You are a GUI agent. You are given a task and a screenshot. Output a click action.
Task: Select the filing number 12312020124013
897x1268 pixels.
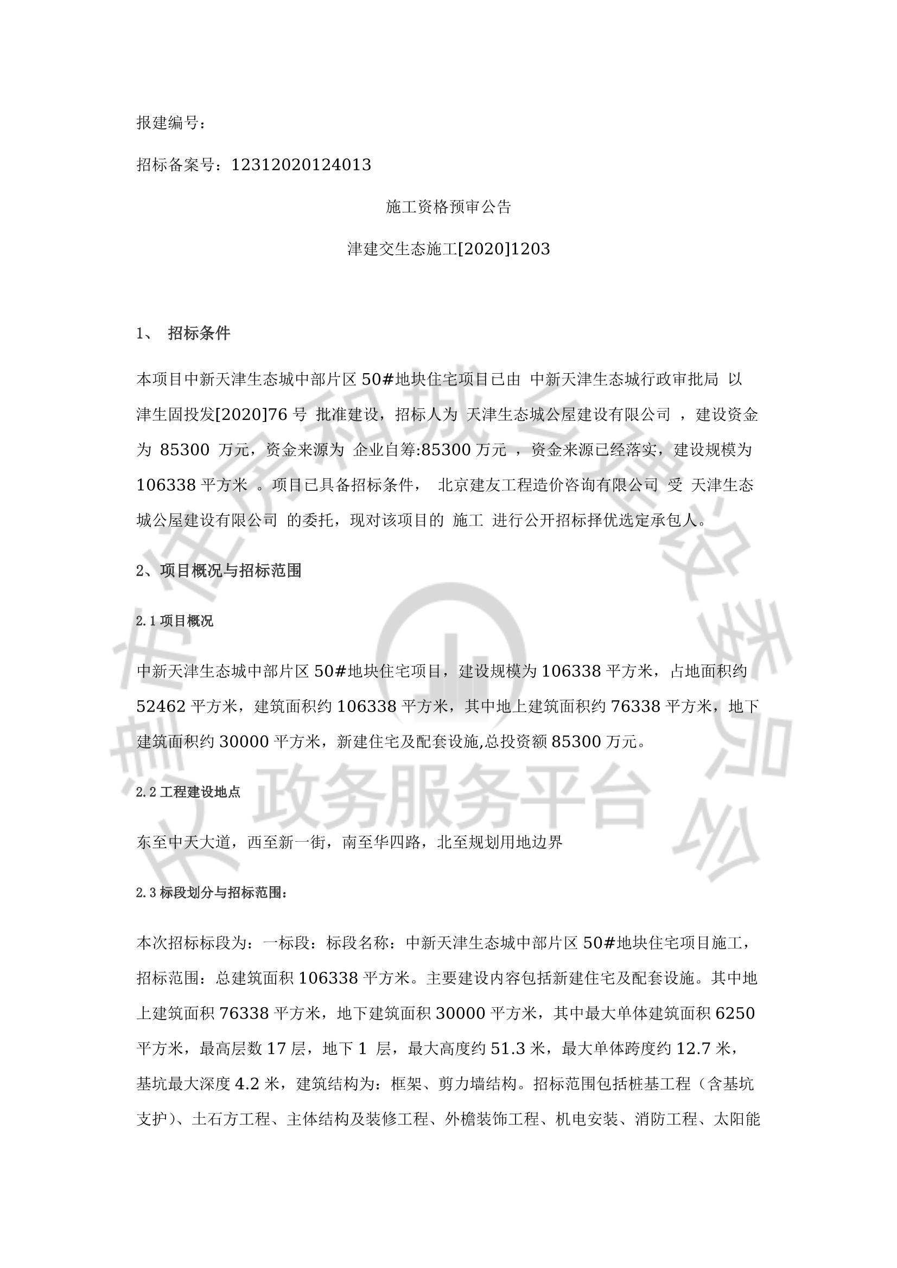301,164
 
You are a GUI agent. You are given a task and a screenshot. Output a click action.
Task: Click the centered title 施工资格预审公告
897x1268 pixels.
448,207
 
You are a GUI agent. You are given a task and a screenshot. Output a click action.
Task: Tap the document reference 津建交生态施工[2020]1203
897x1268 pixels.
448,249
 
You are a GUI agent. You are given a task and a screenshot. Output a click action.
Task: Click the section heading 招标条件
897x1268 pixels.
199,333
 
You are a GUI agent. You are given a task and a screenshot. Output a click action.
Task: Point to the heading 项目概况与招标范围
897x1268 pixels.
231,571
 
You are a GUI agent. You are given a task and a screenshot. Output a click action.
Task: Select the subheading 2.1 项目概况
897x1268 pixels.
175,621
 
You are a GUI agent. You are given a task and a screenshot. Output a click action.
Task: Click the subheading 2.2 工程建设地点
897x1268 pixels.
188,792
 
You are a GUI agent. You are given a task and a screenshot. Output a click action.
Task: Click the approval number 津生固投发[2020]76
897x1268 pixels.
212,414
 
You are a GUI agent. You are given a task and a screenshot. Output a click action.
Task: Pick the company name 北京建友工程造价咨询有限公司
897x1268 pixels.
548,485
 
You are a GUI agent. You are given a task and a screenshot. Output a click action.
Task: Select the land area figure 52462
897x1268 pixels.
161,706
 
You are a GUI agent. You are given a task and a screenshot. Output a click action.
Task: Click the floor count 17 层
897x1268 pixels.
287,1048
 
